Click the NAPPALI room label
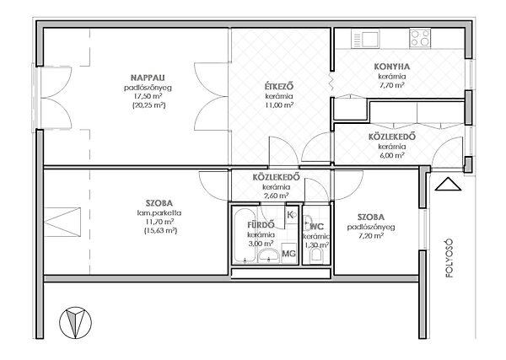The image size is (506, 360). [148, 78]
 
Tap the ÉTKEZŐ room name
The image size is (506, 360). [279, 87]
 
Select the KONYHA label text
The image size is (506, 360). [392, 67]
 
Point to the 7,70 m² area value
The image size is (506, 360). [392, 85]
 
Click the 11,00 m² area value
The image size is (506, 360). [279, 105]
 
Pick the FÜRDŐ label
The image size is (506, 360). [261, 224]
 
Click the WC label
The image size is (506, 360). [317, 227]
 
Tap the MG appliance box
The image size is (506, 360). [288, 253]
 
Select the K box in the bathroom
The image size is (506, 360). [291, 214]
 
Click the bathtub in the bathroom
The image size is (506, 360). [245, 235]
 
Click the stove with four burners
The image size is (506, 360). [420, 38]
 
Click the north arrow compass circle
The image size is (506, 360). [76, 323]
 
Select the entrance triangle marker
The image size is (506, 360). [448, 184]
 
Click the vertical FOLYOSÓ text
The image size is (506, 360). [449, 258]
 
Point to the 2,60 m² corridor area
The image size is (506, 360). [276, 196]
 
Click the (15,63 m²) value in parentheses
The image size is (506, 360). [160, 231]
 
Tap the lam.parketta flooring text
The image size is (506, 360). [159, 213]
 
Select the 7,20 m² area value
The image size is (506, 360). [371, 236]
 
